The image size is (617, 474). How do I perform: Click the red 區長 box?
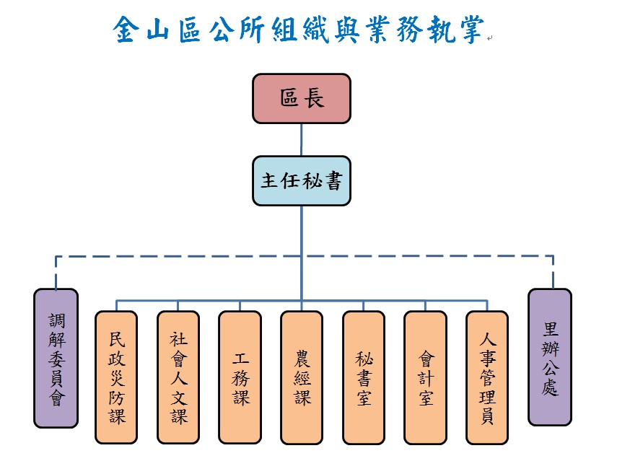coord(302,98)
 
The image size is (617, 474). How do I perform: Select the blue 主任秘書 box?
coord(302,180)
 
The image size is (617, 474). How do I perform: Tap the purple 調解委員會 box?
coord(56,358)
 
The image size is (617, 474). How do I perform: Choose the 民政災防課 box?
coord(116,377)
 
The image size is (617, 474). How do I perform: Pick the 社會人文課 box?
coord(178,377)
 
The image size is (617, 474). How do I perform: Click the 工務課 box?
coord(240,377)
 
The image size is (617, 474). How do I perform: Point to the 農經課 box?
coord(302,377)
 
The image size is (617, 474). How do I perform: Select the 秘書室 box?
coord(364,377)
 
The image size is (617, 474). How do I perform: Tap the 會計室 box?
coord(425,377)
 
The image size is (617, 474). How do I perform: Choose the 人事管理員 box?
coord(487,377)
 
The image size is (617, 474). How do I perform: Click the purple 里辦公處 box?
coord(550,358)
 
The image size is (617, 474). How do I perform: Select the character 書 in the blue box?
coord(335,180)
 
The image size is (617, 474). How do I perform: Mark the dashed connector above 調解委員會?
coord(56,272)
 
